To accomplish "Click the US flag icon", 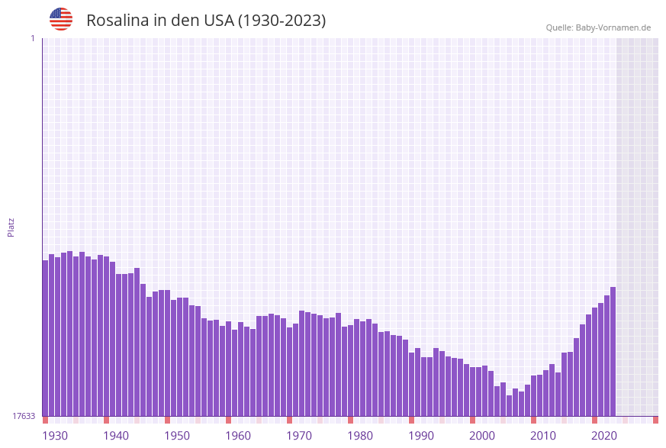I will [61, 19].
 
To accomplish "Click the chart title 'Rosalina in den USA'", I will [206, 21].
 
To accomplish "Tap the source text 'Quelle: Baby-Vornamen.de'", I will [598, 27].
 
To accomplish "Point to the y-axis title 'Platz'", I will [11, 227].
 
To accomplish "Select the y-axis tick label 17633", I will [24, 416].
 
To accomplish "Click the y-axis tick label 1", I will [32, 38].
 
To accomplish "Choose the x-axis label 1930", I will [55, 436].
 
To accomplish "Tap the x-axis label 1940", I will [116, 436].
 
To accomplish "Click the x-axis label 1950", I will [177, 436].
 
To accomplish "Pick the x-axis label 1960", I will [238, 436].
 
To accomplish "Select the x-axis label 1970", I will [299, 436].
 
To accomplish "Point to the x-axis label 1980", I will [360, 436].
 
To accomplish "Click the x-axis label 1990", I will [421, 436].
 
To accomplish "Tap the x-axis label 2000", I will [482, 436].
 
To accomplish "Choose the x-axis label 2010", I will [543, 436].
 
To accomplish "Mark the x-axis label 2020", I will [604, 436].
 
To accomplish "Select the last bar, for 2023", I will [613, 351].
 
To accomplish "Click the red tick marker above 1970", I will [289, 420].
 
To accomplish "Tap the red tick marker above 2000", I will [472, 420].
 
